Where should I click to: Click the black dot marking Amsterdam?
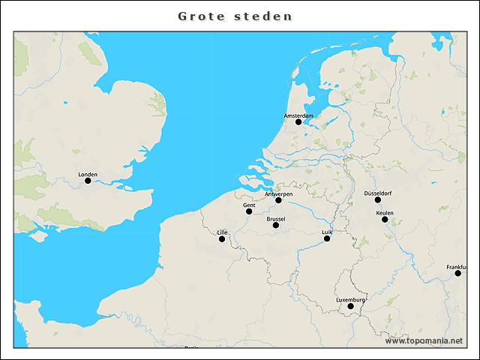(298, 121)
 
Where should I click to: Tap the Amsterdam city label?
(298, 115)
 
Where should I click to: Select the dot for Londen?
(88, 180)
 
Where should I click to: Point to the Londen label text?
(88, 174)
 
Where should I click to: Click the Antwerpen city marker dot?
(278, 200)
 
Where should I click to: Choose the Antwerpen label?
(278, 194)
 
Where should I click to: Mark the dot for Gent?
(249, 211)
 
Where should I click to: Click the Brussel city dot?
(276, 225)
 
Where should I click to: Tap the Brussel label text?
(276, 219)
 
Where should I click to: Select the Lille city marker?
(222, 239)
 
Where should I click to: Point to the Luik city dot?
(327, 238)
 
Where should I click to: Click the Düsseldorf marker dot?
(378, 199)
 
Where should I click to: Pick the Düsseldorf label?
(378, 193)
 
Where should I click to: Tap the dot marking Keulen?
(385, 219)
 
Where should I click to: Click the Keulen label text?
(385, 213)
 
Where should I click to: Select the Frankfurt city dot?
(458, 274)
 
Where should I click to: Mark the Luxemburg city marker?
(350, 306)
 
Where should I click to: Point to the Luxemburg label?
(350, 300)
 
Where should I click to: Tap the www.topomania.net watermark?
(424, 340)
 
